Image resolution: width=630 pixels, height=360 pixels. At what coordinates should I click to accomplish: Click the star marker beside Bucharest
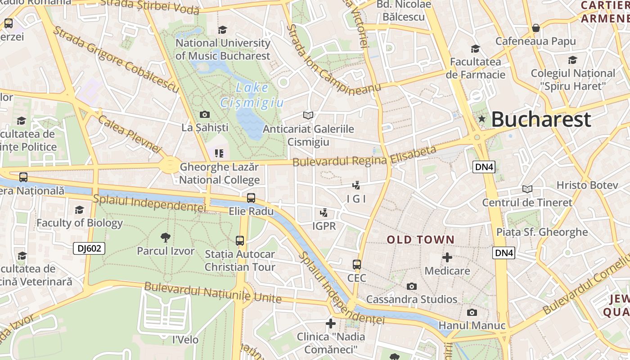click(x=482, y=119)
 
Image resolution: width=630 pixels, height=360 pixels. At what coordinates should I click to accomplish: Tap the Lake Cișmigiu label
click(x=252, y=95)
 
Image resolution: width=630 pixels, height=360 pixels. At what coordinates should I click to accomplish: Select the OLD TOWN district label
click(x=421, y=239)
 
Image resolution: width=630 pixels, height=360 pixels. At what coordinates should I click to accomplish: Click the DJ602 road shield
click(x=89, y=248)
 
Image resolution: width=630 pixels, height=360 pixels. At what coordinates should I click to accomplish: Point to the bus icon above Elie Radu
click(x=251, y=198)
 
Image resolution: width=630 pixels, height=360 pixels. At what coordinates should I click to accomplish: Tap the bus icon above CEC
click(x=357, y=264)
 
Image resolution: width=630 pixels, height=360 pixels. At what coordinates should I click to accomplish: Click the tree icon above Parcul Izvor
click(x=166, y=237)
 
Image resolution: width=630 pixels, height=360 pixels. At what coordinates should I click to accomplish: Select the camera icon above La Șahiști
click(x=205, y=114)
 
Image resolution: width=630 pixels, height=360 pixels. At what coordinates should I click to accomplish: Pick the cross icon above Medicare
click(x=447, y=257)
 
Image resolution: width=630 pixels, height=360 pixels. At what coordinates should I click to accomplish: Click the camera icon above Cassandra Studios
click(x=411, y=286)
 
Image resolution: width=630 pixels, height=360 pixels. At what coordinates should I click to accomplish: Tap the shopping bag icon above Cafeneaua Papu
click(x=535, y=28)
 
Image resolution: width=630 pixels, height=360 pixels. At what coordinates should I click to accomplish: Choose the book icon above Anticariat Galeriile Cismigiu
click(x=308, y=116)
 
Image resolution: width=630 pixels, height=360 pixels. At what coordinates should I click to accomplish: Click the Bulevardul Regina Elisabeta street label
click(x=364, y=156)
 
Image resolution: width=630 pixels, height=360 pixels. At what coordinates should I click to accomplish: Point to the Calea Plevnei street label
click(x=129, y=134)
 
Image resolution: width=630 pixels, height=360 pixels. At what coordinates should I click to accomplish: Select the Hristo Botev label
click(x=581, y=185)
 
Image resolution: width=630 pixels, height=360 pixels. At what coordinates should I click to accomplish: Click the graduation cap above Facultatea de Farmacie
click(x=475, y=49)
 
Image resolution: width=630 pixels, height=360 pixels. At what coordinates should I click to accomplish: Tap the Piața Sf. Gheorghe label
click(x=542, y=232)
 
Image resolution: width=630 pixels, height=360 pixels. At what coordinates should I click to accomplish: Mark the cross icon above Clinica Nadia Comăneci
click(x=331, y=323)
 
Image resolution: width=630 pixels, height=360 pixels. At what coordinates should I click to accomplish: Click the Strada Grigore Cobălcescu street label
click(x=116, y=60)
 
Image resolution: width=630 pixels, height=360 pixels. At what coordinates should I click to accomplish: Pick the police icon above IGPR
click(x=324, y=212)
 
